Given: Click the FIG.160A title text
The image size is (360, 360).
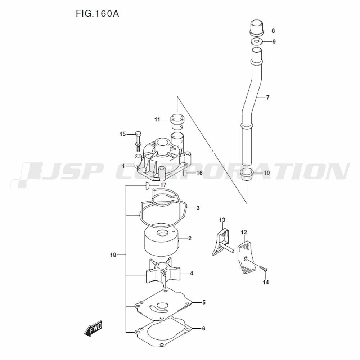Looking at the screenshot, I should tap(97, 14).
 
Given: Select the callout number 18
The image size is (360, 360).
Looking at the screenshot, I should tap(113, 255).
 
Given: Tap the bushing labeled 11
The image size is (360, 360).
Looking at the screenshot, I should tap(177, 121).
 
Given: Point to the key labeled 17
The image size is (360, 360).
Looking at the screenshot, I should tap(147, 185).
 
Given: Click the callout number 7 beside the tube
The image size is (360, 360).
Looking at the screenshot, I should tap(267, 98).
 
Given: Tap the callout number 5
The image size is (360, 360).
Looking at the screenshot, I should tap(204, 302).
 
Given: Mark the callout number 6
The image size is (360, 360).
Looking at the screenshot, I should tap(204, 328).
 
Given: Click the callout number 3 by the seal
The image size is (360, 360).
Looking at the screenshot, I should tap(198, 208).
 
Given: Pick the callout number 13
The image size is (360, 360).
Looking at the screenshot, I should tap(222, 220).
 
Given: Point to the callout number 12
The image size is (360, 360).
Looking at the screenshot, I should tap(244, 232).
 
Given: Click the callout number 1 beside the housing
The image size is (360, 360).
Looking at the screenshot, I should tap(123, 166).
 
